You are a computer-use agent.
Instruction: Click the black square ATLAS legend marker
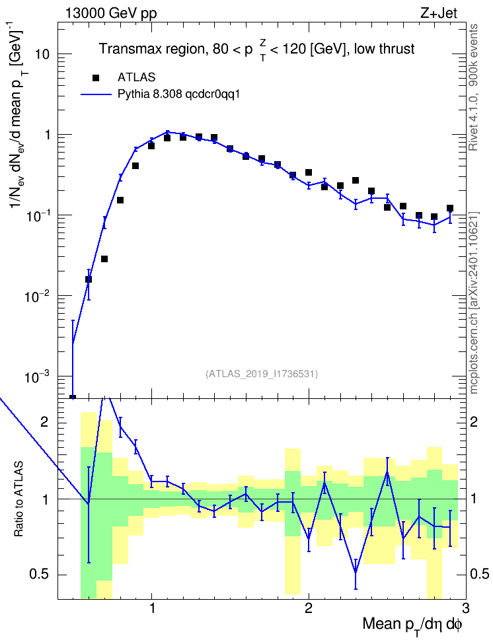click(x=96, y=77)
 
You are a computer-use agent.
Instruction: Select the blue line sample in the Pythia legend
click(x=96, y=94)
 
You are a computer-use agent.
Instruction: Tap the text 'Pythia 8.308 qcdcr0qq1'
click(x=178, y=94)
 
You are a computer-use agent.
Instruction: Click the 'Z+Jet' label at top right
click(x=439, y=13)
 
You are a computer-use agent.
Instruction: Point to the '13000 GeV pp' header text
click(x=110, y=13)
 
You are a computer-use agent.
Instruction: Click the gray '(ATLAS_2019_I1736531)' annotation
click(x=262, y=374)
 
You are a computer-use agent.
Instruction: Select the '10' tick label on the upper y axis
click(x=42, y=54)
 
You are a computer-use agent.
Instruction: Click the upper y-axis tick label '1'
click(x=47, y=135)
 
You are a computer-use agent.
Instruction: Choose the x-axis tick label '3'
click(x=465, y=607)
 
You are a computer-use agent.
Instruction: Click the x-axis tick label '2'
click(x=309, y=607)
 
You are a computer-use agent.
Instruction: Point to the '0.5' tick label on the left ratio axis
click(x=40, y=575)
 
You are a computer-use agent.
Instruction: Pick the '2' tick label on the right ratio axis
click(x=474, y=422)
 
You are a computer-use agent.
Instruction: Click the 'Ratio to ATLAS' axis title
click(x=19, y=499)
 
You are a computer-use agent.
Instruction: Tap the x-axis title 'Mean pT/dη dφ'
click(x=412, y=625)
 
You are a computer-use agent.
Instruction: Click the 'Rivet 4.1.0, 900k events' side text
click(x=473, y=87)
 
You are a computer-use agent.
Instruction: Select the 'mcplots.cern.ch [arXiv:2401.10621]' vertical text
click(x=474, y=303)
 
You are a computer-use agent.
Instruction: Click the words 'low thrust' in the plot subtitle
click(x=384, y=49)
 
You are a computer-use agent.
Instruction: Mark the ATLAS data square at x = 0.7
click(x=104, y=259)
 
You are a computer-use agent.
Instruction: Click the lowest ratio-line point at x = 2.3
click(x=356, y=572)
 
